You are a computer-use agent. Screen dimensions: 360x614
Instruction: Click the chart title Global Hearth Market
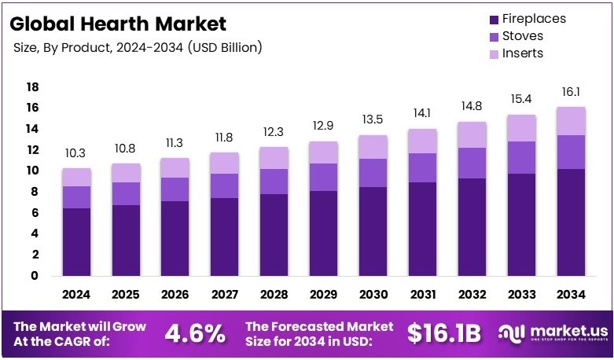click(119, 24)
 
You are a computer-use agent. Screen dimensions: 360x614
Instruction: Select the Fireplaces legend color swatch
click(494, 20)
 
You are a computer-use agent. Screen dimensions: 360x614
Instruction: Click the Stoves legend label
click(524, 36)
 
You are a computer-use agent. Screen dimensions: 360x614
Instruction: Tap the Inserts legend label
click(524, 53)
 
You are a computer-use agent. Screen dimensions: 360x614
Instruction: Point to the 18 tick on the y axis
click(32, 86)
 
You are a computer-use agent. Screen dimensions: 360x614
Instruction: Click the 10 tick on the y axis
click(32, 171)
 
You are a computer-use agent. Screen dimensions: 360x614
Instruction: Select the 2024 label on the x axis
click(77, 296)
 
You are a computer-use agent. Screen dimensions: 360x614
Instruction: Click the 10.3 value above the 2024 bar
click(77, 153)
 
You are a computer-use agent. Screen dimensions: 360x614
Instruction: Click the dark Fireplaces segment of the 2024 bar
click(77, 241)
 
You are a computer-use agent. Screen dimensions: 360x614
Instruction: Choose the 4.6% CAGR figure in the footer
click(194, 333)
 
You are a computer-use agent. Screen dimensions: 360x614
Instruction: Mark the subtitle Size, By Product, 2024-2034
click(138, 48)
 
